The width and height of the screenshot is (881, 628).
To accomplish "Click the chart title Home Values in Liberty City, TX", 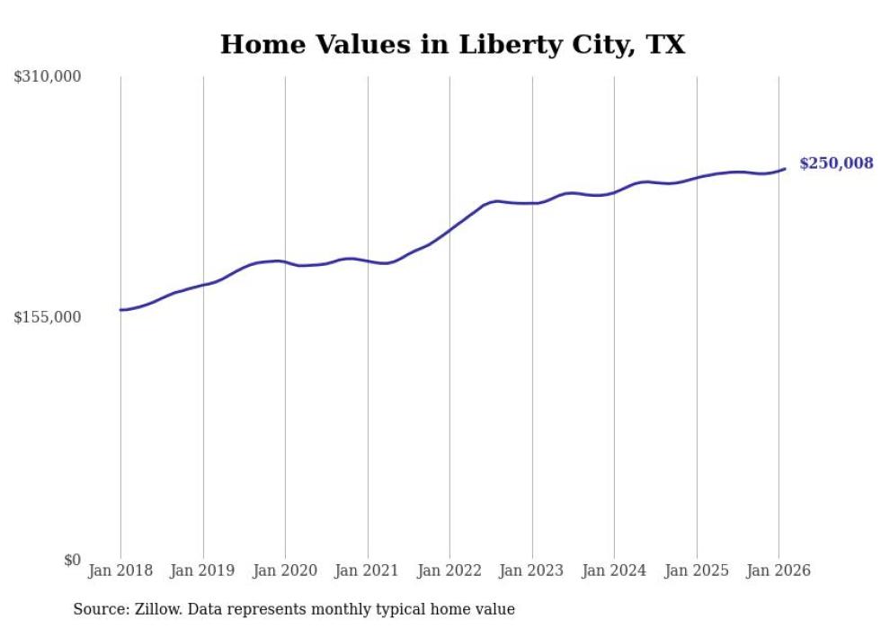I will pos(452,45).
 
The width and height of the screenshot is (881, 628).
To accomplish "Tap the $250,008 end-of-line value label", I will pos(835,163).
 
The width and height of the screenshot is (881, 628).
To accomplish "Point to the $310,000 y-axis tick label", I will pos(48,77).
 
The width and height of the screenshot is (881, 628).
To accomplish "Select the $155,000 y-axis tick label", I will pos(48,317).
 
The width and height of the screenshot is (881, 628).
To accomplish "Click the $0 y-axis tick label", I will pos(72,560).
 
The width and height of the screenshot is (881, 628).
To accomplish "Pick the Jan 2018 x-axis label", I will pos(120,571).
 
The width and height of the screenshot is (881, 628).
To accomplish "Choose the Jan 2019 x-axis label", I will pos(203,571).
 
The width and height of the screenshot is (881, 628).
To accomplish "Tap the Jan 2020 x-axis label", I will pos(285,571).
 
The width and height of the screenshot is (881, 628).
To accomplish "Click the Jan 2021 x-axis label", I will pos(368,571).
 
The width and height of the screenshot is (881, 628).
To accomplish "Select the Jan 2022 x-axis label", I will pos(449,571).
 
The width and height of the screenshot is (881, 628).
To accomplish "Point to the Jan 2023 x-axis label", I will pos(532,571).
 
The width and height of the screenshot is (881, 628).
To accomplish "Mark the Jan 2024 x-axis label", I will pos(614,571).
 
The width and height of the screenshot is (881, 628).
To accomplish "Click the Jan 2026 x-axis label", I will pos(779,571).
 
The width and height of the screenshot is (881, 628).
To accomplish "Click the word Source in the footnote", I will pos(100,610).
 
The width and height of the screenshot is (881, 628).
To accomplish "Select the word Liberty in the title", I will pos(465,45).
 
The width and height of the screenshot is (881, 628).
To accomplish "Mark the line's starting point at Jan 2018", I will pos(120,310).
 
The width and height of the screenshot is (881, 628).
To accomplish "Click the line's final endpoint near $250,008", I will pos(785,168).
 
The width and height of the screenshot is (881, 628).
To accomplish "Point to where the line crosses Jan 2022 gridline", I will pos(449,229).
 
